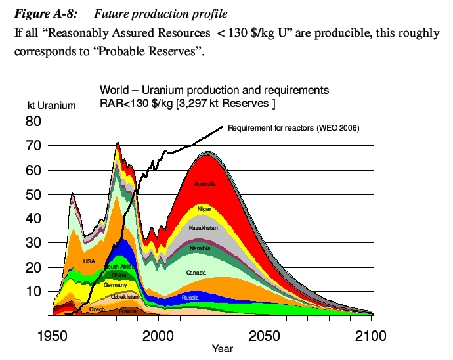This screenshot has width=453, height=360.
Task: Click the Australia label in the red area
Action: [x=204, y=184]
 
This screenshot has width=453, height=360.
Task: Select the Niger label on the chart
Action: [x=204, y=209]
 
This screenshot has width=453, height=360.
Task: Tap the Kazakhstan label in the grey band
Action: [x=203, y=228]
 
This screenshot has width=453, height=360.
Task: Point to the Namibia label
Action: [x=200, y=248]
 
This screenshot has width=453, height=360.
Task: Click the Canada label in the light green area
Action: [x=196, y=272]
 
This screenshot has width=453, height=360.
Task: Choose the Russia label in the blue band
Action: [x=190, y=298]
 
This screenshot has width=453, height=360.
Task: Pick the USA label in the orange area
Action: [x=89, y=261]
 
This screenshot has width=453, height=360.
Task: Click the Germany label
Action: [x=115, y=286]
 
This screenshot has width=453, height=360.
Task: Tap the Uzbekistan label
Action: [x=123, y=297]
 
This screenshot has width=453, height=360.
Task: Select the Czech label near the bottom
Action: [x=97, y=309]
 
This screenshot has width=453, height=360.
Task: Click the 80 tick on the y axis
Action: [x=34, y=122]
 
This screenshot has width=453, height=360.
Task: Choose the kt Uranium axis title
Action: [x=51, y=105]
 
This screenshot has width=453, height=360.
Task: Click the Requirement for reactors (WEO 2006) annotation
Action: [x=293, y=128]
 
